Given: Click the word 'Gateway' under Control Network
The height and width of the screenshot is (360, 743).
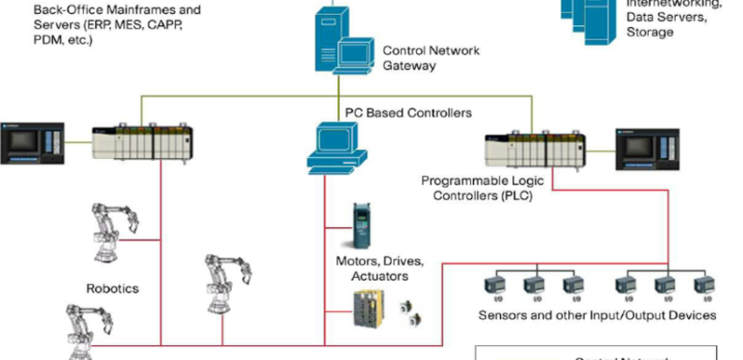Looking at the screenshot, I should coord(409,65).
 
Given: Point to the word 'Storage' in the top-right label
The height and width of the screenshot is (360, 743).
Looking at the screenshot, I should coord(650,32).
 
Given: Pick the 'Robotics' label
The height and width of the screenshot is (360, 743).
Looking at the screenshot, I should coord(112,289).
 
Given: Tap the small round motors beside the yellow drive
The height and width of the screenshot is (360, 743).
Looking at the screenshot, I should coord(410,311).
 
